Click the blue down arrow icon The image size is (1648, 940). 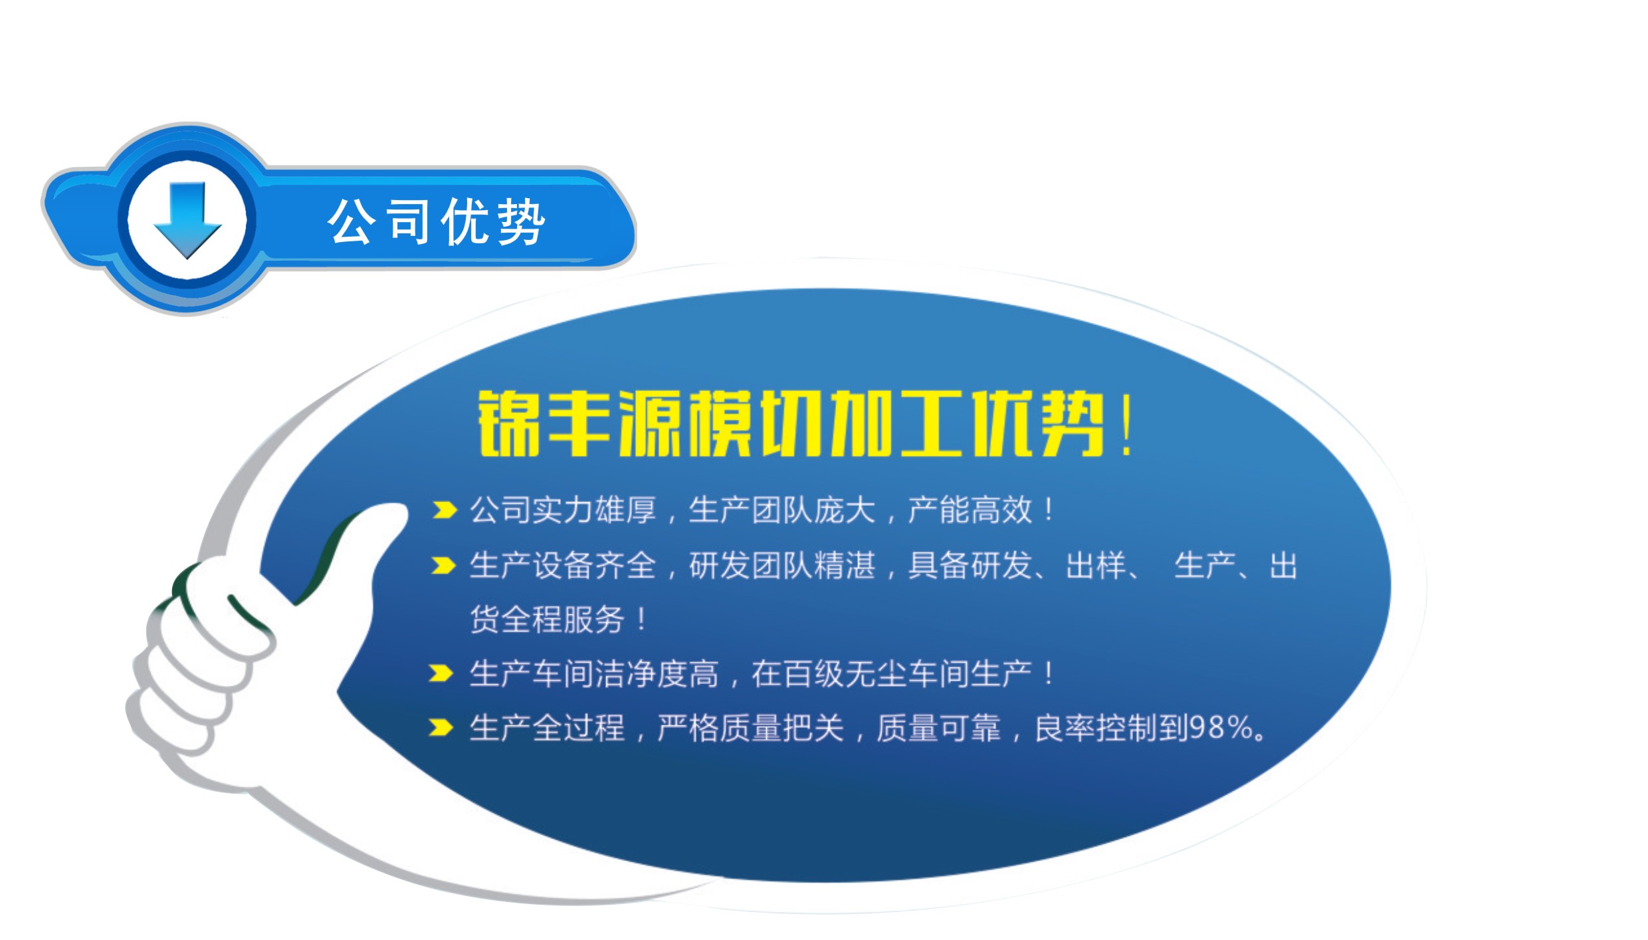(187, 219)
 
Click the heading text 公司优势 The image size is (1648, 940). (437, 221)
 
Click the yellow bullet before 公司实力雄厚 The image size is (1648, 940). (444, 510)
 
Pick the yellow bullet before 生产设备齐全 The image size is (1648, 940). (443, 565)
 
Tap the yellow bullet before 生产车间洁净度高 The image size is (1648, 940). (441, 673)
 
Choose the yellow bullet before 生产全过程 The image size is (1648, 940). (441, 727)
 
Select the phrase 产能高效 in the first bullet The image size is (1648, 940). (970, 511)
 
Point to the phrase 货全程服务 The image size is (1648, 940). (547, 620)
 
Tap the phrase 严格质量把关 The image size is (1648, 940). (750, 728)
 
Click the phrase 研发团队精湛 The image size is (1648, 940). (782, 566)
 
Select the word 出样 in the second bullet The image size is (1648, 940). (1096, 566)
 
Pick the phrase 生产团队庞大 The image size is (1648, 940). (782, 511)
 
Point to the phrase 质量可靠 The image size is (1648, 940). (938, 728)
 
